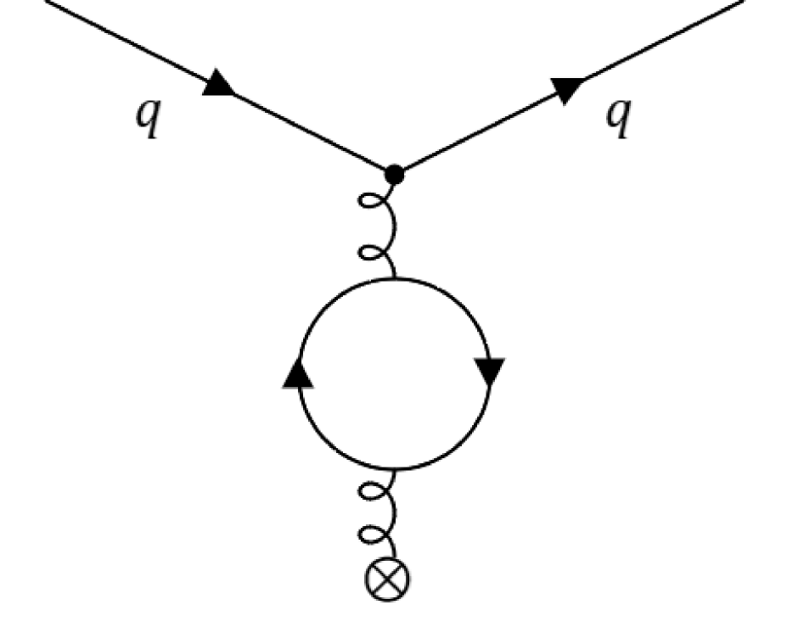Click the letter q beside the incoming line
click(148, 119)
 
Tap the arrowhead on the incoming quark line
click(221, 83)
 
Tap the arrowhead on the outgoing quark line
click(566, 88)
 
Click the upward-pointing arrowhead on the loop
click(298, 373)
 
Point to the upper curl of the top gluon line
click(371, 204)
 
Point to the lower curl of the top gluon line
click(371, 252)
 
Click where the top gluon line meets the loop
click(392, 278)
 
